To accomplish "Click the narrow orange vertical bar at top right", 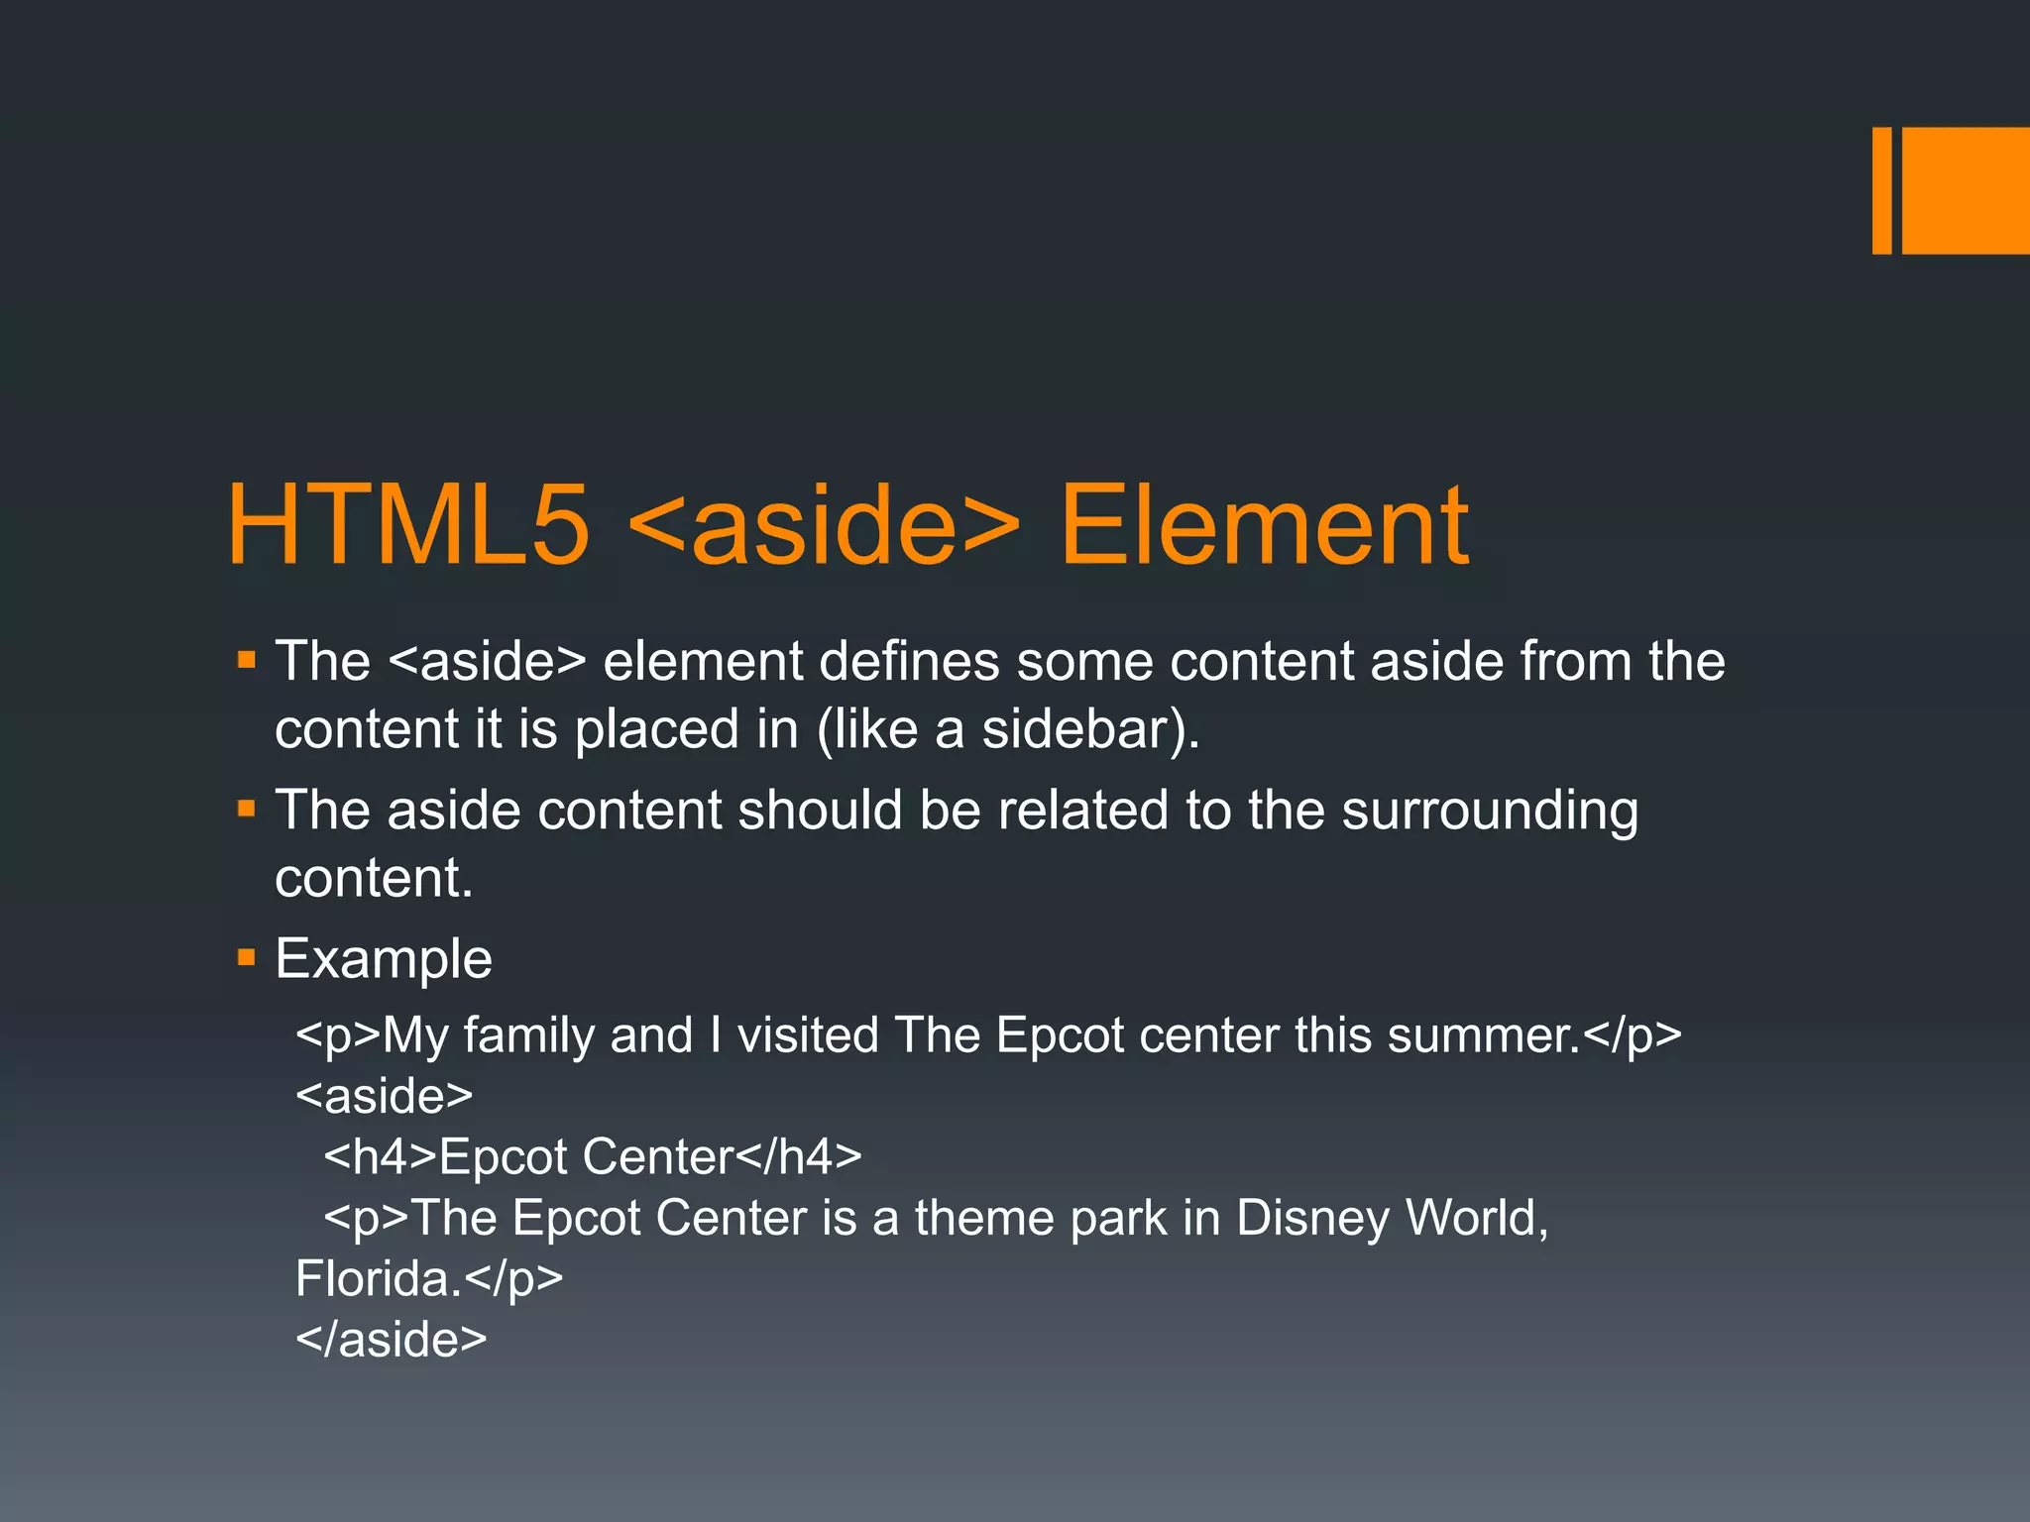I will [1881, 190].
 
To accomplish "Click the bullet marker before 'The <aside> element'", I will [247, 660].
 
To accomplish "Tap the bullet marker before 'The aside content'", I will [247, 810].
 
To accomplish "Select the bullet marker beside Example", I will [247, 958].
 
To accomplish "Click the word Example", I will [384, 958].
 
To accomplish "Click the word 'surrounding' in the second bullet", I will [1490, 811].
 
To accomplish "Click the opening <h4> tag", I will [381, 1156].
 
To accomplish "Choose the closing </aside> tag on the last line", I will [392, 1339].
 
